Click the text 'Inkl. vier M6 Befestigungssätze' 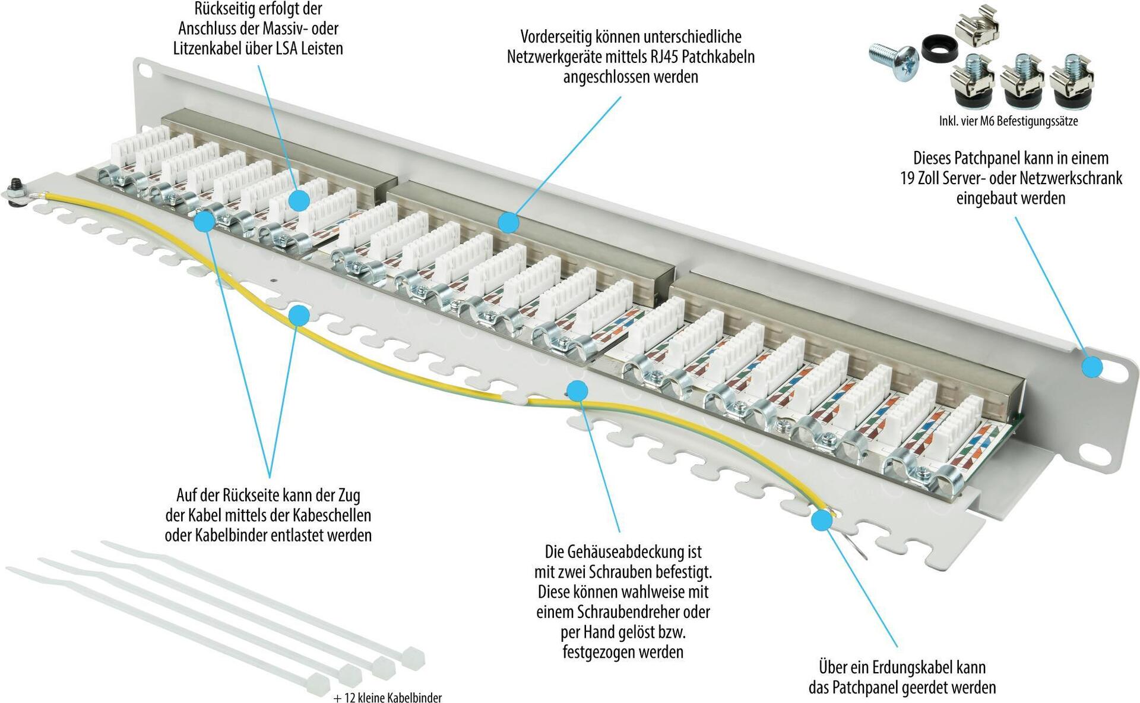pos(1008,121)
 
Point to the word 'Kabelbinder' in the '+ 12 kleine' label pos(414,698)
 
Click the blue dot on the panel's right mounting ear pos(1091,367)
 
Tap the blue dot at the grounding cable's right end pos(822,520)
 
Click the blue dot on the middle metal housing pos(508,223)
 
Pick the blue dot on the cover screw pos(577,390)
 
